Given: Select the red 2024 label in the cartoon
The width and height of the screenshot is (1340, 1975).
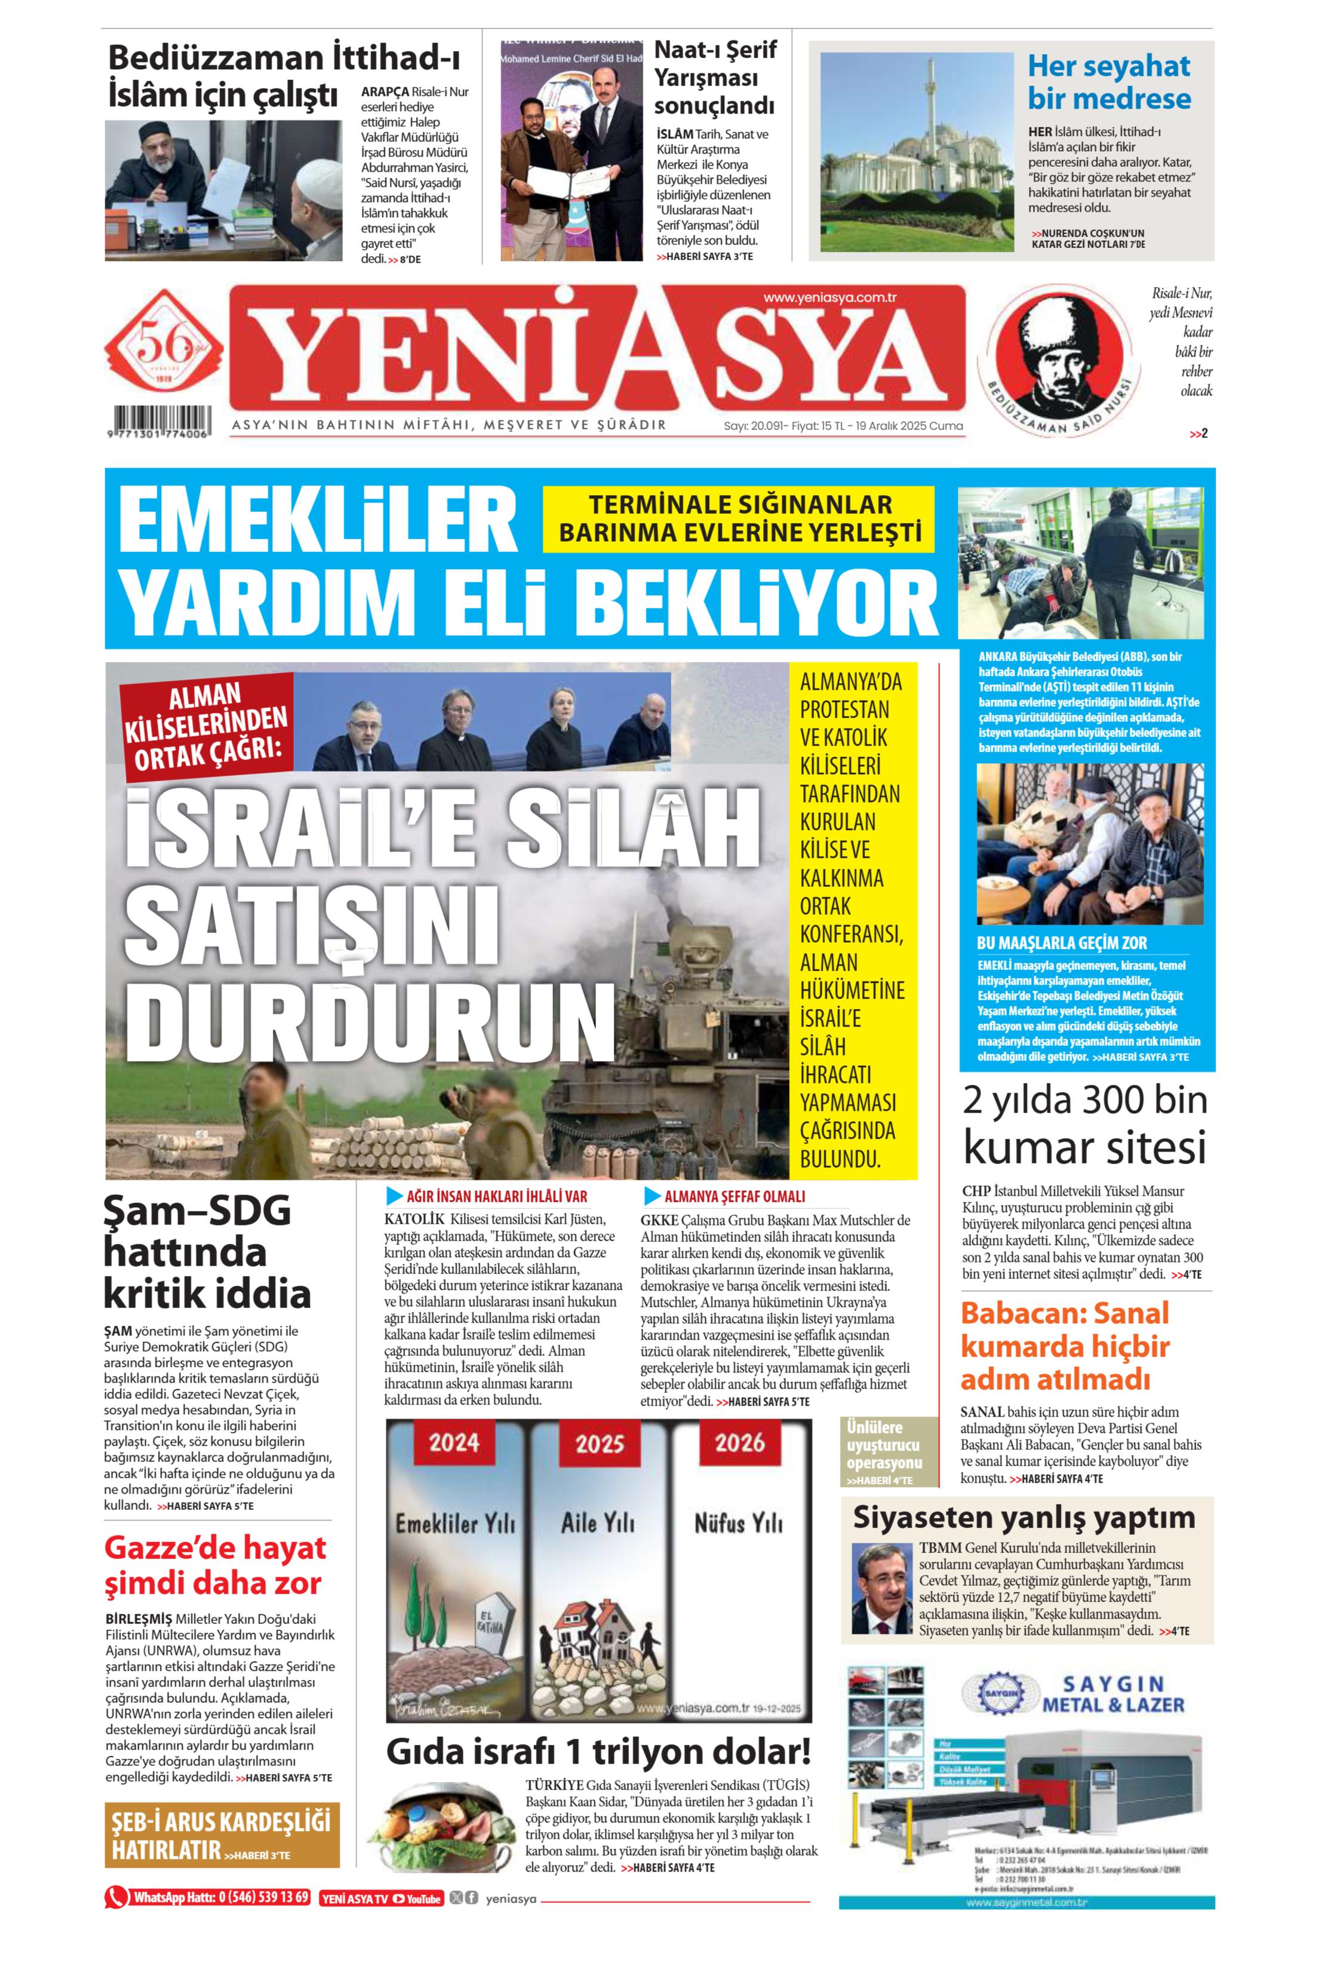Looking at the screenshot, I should pyautogui.click(x=454, y=1442).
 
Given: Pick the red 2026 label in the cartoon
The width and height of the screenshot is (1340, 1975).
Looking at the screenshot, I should pyautogui.click(x=739, y=1442).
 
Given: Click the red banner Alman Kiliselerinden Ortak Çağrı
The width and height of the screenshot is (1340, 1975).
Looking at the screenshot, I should pyautogui.click(x=207, y=725).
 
